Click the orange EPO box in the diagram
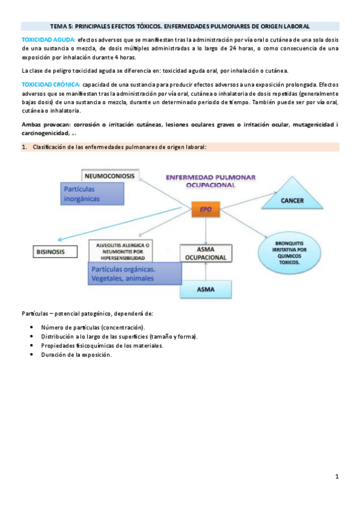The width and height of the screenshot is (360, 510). [x=206, y=210]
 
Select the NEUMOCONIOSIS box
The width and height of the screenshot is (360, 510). [x=109, y=176]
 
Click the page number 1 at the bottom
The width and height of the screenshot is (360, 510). [x=337, y=477]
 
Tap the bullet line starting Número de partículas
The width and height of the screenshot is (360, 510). [x=93, y=327]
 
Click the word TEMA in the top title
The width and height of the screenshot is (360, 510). [x=59, y=26]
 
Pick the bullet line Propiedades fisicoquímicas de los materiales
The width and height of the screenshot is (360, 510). [x=102, y=345]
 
